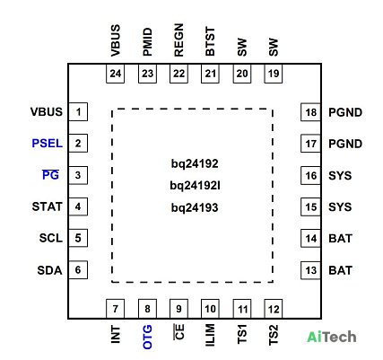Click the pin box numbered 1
(x=78, y=112)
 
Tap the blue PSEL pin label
(x=48, y=144)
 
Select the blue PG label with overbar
(x=50, y=175)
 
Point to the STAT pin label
(x=47, y=206)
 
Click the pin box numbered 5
(x=78, y=238)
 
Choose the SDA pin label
(x=49, y=270)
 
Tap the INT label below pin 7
(x=116, y=335)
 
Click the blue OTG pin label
(x=147, y=338)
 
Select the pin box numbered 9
(x=178, y=309)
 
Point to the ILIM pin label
(x=210, y=335)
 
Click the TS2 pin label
(x=274, y=335)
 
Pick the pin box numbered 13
(x=310, y=270)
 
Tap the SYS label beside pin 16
(x=340, y=176)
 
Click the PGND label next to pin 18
(x=345, y=112)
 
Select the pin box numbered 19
(x=274, y=74)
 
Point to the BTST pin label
(x=210, y=41)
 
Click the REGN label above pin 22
(x=178, y=40)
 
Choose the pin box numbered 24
(x=116, y=74)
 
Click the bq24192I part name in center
(x=195, y=186)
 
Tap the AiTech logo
(x=332, y=337)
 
